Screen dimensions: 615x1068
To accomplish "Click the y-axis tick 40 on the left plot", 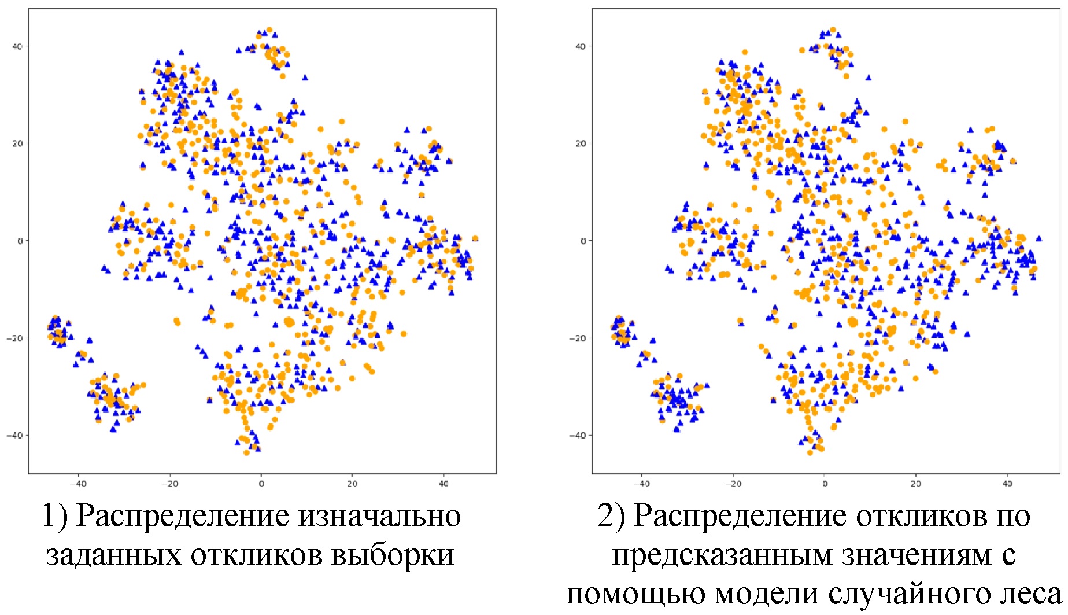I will (x=17, y=46).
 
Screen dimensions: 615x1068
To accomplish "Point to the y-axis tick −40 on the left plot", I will (x=15, y=435).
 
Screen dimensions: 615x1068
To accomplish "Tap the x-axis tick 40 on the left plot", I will (x=444, y=484).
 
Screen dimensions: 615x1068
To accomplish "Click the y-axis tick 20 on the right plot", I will (x=581, y=143).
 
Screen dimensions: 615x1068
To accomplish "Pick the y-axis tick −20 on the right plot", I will (x=578, y=338).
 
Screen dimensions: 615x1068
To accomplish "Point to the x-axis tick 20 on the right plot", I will (x=916, y=484).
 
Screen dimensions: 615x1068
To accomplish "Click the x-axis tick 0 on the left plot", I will (x=261, y=484).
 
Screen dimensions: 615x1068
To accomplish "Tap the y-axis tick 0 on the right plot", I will (x=583, y=241).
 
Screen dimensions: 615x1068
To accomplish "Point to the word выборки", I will (x=393, y=555).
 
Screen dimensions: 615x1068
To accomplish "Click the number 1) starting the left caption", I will (x=54, y=517).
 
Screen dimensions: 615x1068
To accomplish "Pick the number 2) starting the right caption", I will (x=611, y=517).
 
